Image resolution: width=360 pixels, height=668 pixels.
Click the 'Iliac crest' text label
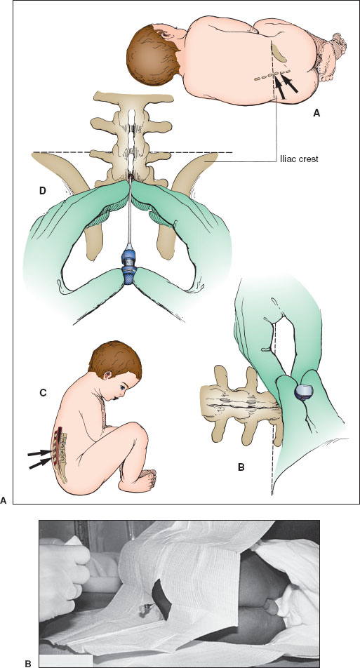coord(299,159)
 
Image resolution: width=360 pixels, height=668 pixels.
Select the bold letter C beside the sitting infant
coord(43,393)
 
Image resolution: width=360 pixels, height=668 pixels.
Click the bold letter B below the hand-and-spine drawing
coord(241,467)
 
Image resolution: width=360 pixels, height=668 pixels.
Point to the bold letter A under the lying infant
coord(316,113)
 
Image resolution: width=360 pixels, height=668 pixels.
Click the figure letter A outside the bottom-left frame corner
coord(4,500)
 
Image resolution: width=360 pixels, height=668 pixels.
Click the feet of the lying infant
coord(335,55)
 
